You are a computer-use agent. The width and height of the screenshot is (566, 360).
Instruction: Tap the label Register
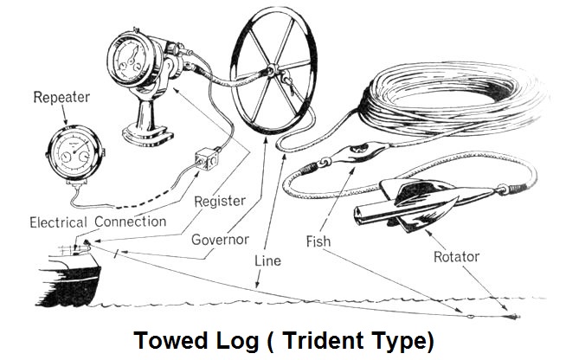(220, 202)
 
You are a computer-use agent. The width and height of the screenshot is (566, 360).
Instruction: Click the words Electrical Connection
(97, 222)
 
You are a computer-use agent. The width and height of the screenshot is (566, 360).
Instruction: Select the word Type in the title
(395, 340)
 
